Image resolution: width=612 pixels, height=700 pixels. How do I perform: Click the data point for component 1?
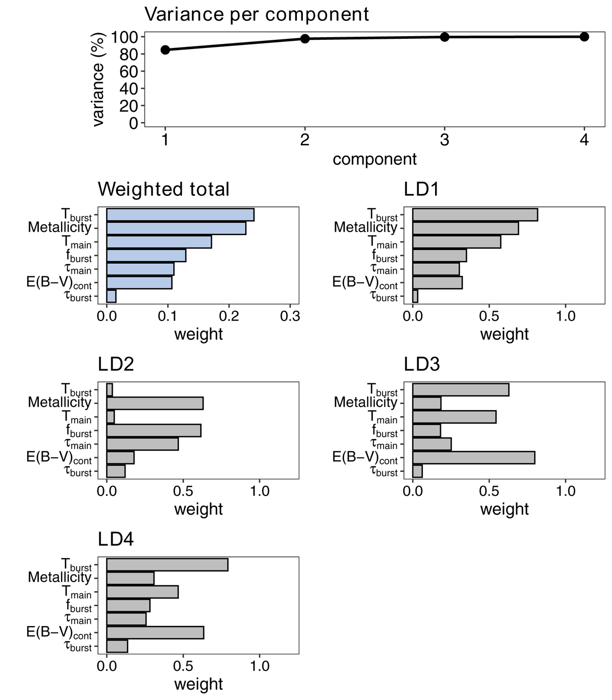click(x=165, y=49)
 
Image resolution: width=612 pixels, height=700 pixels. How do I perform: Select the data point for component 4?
click(x=584, y=37)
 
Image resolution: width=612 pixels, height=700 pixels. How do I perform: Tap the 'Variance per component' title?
click(x=257, y=14)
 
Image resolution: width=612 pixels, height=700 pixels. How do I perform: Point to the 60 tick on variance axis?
click(x=129, y=71)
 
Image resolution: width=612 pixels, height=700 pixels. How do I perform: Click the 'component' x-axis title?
click(x=375, y=159)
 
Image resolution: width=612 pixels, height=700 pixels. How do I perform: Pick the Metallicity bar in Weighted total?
click(x=176, y=228)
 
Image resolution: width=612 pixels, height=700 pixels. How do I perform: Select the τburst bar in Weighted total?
click(x=111, y=296)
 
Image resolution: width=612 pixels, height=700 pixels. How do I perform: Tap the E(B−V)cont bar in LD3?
click(x=473, y=458)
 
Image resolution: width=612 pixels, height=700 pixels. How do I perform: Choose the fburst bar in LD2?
click(x=154, y=431)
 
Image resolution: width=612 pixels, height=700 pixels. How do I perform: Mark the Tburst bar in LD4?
click(x=167, y=565)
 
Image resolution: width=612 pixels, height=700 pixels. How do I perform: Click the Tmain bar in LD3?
click(x=454, y=417)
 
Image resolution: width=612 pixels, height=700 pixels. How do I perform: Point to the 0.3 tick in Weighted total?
click(x=290, y=316)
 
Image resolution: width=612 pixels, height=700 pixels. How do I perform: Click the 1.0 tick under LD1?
click(x=566, y=316)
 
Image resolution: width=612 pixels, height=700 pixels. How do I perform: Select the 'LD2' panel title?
click(x=116, y=364)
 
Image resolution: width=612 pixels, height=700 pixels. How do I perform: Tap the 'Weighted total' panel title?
click(x=164, y=189)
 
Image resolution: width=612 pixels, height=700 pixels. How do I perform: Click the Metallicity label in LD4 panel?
click(x=60, y=578)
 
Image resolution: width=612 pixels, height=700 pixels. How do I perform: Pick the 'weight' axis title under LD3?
click(x=504, y=509)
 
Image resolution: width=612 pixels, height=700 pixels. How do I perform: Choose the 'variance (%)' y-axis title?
click(x=98, y=79)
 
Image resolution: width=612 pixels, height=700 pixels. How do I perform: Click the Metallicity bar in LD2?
click(x=155, y=403)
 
